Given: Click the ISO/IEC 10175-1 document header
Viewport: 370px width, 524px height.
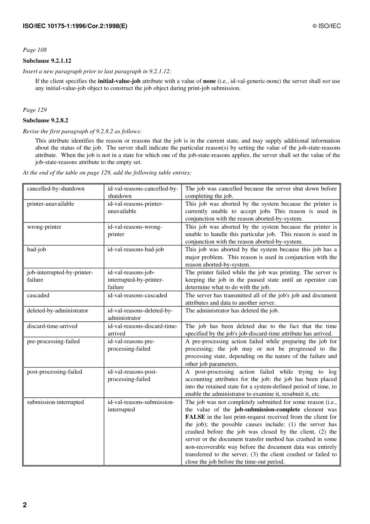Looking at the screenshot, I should point(75,26).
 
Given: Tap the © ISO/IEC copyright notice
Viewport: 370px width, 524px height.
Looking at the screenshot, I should point(326,26).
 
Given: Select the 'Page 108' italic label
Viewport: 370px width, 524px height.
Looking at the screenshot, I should point(35,50).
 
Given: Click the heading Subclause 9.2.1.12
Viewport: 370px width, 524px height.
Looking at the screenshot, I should point(47,61).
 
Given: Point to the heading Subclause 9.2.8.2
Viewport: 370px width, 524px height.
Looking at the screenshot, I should point(45,120).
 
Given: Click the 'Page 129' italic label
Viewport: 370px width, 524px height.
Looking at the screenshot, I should point(35,110).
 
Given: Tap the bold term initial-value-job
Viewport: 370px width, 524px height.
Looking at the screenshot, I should point(119,81).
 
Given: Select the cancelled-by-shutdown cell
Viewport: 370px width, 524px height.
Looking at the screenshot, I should point(56,189).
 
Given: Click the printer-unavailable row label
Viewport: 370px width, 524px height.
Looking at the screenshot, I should point(50,204).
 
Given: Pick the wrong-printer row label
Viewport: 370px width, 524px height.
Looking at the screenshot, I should point(44,227).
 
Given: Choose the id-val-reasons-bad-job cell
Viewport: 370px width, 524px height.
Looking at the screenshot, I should point(136,249).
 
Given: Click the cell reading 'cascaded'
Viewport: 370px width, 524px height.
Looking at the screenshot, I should point(38,295).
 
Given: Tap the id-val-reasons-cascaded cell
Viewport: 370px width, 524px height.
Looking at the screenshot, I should point(137,295).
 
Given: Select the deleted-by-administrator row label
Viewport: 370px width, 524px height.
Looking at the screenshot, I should point(57,311).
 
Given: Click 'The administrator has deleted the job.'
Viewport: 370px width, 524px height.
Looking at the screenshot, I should point(232,311).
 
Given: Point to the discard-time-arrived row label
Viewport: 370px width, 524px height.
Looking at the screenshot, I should point(52,326).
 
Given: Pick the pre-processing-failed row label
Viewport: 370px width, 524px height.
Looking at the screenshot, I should point(53,341).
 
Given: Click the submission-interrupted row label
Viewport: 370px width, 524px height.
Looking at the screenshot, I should point(55,402).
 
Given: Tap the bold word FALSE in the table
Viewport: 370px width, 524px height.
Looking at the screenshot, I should point(195,417).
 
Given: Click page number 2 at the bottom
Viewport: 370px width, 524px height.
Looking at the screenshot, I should point(25,505).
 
